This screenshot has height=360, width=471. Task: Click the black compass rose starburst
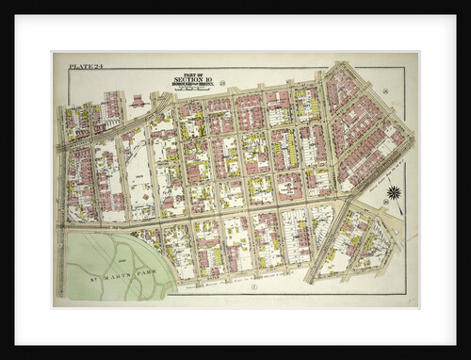click(394, 192)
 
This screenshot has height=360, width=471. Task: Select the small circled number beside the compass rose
click(384, 202)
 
